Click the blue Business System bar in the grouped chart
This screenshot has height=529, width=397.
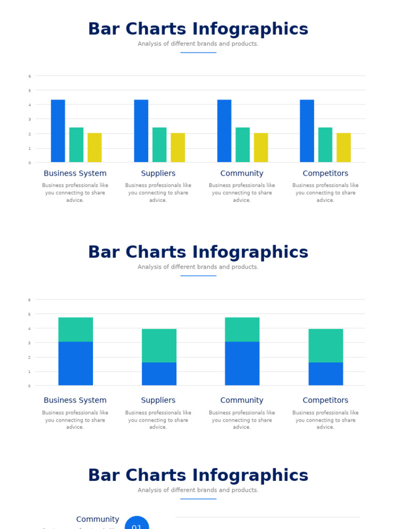coord(58,131)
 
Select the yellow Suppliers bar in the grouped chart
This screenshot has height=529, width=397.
coord(178,148)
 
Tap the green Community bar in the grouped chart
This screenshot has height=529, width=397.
coord(242,145)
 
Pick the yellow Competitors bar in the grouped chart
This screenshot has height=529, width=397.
coord(344,148)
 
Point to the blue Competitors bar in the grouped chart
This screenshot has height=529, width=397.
coord(307,131)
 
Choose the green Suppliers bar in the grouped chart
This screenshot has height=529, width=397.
coord(159,145)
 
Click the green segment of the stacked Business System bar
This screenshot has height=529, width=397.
coord(75,329)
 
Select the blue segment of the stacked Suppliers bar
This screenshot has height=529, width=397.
coord(159,374)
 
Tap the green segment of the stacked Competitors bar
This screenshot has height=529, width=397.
coord(326,346)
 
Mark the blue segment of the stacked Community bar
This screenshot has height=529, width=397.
coord(242,363)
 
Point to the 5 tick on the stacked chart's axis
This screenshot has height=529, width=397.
coord(29,314)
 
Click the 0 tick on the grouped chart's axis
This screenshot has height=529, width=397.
coord(29,163)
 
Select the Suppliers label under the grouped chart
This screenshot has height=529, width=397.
coord(158,174)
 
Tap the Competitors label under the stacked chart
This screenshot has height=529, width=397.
coord(326,400)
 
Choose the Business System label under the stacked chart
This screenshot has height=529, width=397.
coord(75,400)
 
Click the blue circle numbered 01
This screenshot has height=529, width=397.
coord(137,524)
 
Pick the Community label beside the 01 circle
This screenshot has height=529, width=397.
coord(98,519)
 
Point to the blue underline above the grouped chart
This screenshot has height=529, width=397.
coord(198,53)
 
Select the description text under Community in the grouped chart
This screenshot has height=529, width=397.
coord(242,193)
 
